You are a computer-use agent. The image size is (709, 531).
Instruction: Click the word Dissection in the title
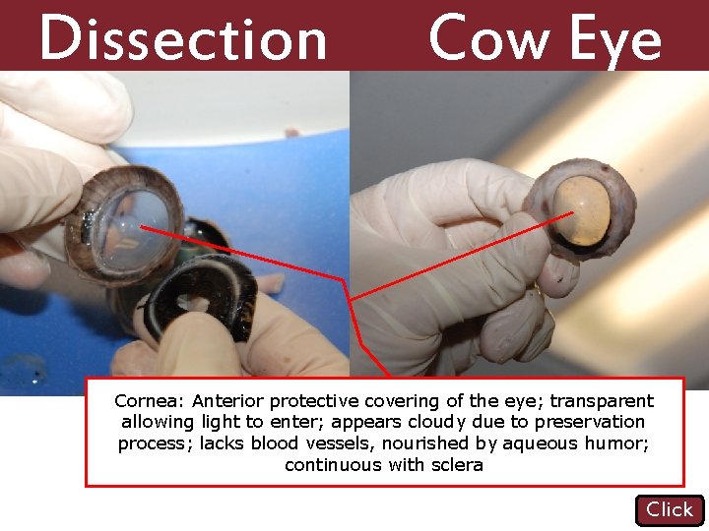(183, 39)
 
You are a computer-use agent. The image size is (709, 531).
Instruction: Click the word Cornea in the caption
(148, 401)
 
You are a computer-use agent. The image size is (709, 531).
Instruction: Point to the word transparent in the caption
(601, 401)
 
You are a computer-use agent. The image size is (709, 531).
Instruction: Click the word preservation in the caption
(590, 423)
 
